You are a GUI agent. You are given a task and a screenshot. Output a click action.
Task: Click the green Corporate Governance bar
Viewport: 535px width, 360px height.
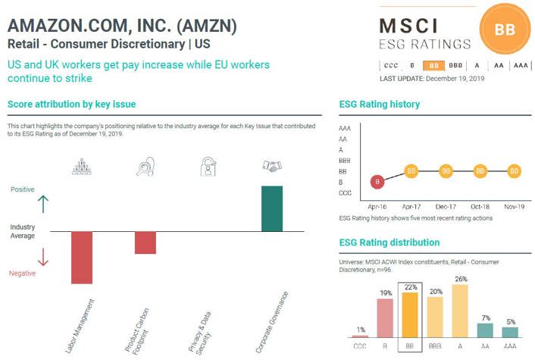[272, 208]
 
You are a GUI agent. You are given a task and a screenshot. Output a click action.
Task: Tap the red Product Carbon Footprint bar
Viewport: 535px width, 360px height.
[145, 243]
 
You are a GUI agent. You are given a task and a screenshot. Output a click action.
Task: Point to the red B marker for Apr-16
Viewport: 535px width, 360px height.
[377, 182]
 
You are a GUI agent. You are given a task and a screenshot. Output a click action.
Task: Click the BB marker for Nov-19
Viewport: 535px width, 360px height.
[515, 171]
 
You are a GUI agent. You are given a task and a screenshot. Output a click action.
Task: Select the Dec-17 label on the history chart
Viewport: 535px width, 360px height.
[446, 206]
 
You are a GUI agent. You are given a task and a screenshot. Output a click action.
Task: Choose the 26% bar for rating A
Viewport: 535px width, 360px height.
[459, 311]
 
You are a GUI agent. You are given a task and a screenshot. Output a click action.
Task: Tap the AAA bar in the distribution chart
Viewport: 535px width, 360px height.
[510, 332]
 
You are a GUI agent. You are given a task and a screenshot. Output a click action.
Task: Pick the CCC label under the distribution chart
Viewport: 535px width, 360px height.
[360, 346]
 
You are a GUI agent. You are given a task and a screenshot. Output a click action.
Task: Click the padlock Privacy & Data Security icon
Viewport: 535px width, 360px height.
[208, 167]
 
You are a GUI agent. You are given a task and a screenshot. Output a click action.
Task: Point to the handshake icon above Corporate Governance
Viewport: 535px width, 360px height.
[272, 165]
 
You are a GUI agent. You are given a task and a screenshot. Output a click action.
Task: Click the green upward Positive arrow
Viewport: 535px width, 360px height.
[42, 204]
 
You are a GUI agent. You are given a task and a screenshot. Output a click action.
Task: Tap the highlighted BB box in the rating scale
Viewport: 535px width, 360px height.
[433, 65]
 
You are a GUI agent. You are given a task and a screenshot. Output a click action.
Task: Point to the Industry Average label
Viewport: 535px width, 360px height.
[23, 231]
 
